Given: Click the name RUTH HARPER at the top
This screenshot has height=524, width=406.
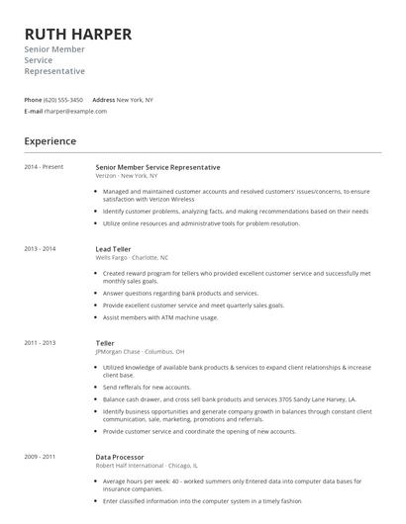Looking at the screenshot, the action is click(x=78, y=34).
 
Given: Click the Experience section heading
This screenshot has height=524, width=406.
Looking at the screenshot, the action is click(x=51, y=141).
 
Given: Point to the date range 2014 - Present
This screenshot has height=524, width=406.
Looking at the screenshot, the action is click(x=44, y=167).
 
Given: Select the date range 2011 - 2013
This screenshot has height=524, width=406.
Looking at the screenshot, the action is click(x=40, y=343).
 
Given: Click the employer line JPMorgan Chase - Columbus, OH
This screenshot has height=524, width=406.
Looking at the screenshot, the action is click(x=140, y=351).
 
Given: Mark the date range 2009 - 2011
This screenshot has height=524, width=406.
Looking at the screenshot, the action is click(x=40, y=457).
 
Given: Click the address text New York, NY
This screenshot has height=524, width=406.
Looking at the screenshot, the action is click(x=135, y=100).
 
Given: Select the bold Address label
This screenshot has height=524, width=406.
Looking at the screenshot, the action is click(x=103, y=100).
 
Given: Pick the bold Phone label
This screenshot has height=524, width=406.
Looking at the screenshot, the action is click(x=33, y=100).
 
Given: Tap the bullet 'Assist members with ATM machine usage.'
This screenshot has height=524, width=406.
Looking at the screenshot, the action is click(x=159, y=317).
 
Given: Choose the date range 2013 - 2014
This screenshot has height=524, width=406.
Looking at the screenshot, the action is click(x=40, y=248).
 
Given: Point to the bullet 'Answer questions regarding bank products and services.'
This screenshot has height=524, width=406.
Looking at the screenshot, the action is click(x=180, y=293).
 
